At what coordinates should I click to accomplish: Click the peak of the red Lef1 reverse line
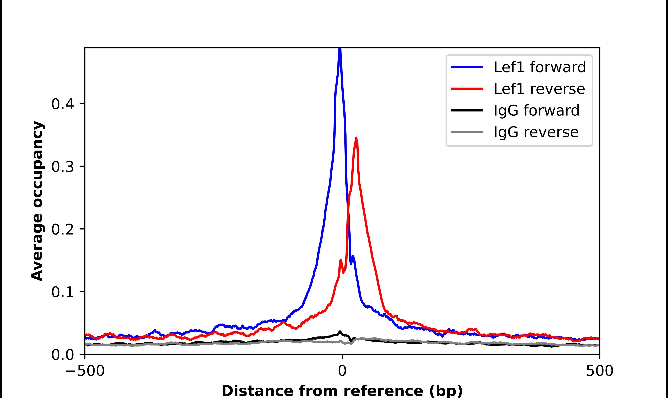[x=356, y=138]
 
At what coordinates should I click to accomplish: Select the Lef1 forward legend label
[x=540, y=67]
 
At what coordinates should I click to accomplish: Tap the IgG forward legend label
[x=536, y=111]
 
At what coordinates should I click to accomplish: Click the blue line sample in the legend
[x=467, y=67]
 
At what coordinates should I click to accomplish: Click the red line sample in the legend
[x=467, y=89]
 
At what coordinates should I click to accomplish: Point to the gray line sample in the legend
[x=467, y=132]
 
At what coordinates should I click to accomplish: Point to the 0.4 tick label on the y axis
[x=63, y=104]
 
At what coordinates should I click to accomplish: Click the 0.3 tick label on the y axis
[x=63, y=167]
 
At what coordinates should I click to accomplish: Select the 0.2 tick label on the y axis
[x=63, y=229]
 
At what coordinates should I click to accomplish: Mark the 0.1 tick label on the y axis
[x=63, y=292]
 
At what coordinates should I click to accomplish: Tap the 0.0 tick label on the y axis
[x=63, y=355]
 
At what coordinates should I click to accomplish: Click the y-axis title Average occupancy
[x=37, y=201]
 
